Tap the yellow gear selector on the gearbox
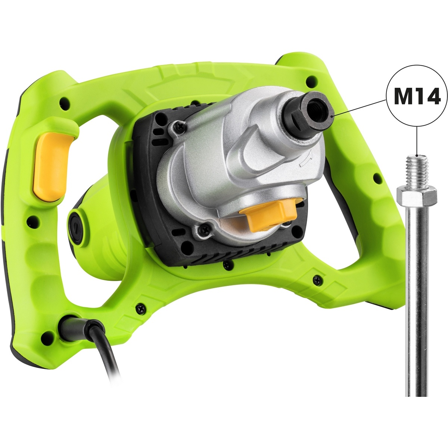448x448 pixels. [x=268, y=217]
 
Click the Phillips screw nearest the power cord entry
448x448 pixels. [x=141, y=308]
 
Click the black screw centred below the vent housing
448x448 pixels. [x=226, y=265]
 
